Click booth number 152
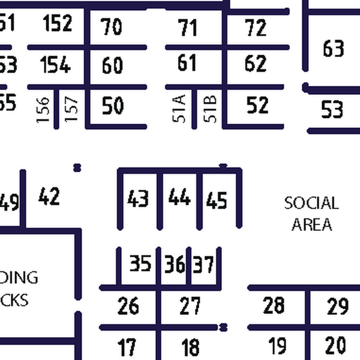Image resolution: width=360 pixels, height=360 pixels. click(58, 23)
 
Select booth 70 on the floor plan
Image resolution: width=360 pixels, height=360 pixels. click(112, 27)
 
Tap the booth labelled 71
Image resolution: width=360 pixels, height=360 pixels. click(188, 27)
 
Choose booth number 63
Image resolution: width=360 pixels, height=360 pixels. click(333, 48)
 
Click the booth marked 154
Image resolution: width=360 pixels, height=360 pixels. click(56, 65)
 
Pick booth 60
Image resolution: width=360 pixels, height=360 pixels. click(112, 65)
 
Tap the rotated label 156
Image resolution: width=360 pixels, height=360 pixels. click(43, 110)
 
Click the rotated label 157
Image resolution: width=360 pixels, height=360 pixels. click(71, 110)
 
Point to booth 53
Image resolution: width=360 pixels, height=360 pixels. click(332, 110)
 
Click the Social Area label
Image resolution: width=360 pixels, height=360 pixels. click(311, 214)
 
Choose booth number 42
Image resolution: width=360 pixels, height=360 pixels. click(49, 196)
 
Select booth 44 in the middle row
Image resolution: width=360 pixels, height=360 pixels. click(179, 197)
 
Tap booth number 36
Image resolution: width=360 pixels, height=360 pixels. click(175, 264)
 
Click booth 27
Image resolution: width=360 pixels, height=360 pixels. click(190, 306)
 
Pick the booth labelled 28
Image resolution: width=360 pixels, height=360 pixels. click(274, 305)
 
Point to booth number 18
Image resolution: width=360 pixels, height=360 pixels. click(190, 347)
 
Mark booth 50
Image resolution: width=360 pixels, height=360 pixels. click(113, 106)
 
